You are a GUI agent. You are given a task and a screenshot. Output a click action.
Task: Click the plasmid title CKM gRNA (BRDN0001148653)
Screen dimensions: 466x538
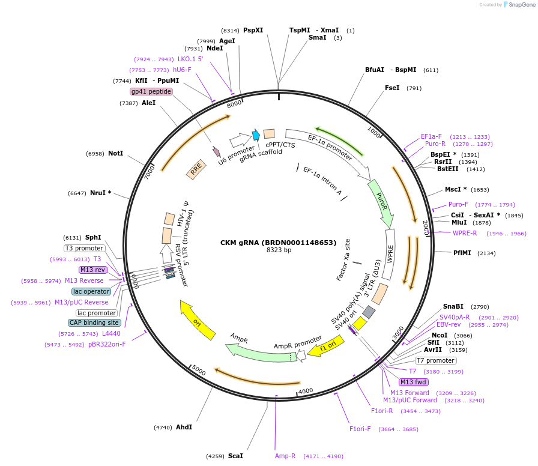click(x=278, y=243)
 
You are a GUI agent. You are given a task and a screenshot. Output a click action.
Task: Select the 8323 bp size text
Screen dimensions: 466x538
click(x=279, y=250)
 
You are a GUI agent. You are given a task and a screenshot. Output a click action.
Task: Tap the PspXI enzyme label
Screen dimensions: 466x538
click(x=253, y=30)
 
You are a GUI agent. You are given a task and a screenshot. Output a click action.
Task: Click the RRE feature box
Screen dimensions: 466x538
click(x=196, y=170)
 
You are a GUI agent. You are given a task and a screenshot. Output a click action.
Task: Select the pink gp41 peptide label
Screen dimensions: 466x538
click(x=151, y=91)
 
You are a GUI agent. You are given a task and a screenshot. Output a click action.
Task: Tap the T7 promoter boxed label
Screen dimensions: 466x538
click(x=436, y=360)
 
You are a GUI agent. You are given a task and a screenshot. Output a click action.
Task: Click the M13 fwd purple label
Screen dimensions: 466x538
click(x=413, y=382)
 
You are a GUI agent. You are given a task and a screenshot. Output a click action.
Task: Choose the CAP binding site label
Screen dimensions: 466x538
click(x=94, y=322)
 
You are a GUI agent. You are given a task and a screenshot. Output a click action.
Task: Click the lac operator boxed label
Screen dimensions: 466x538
click(x=91, y=291)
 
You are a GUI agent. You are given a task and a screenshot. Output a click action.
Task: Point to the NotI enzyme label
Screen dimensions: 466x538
click(x=115, y=154)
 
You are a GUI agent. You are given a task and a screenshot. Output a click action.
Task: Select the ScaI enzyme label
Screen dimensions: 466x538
click(x=235, y=456)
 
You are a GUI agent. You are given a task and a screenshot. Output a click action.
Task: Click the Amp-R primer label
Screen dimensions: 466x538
click(x=285, y=456)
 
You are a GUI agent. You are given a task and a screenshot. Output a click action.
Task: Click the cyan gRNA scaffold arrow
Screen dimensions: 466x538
click(x=256, y=135)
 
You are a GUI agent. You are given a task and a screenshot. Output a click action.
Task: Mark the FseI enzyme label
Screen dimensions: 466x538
click(x=392, y=88)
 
